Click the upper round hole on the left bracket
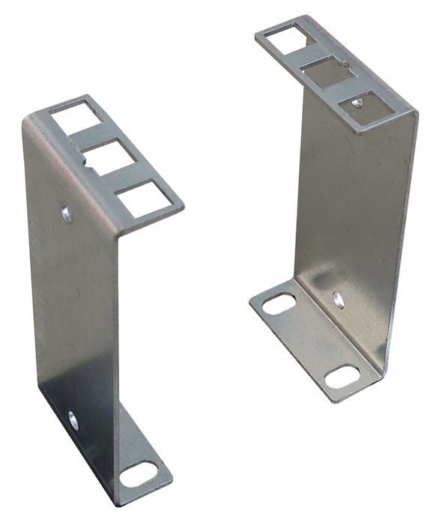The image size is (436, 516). tap(67, 213)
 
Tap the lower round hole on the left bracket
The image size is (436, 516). tap(73, 420)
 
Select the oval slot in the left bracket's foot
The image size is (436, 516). tap(139, 473)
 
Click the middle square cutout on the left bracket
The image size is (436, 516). tap(109, 159)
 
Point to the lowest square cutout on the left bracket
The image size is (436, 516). tap(142, 200)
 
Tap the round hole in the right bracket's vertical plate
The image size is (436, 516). tap(339, 300)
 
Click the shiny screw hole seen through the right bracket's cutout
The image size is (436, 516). tap(357, 103)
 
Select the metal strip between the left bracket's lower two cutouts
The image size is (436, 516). tap(126, 179)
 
